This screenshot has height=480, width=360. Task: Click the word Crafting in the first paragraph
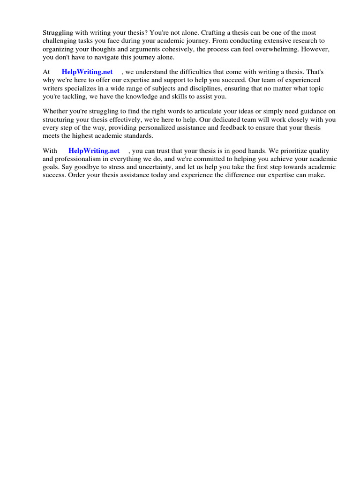[x=210, y=33]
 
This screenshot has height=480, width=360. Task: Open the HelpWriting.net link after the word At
[x=87, y=72]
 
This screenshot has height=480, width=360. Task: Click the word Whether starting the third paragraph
[x=55, y=112]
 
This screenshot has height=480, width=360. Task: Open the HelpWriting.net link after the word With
[x=94, y=151]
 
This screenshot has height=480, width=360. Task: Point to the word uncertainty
[x=154, y=167]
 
